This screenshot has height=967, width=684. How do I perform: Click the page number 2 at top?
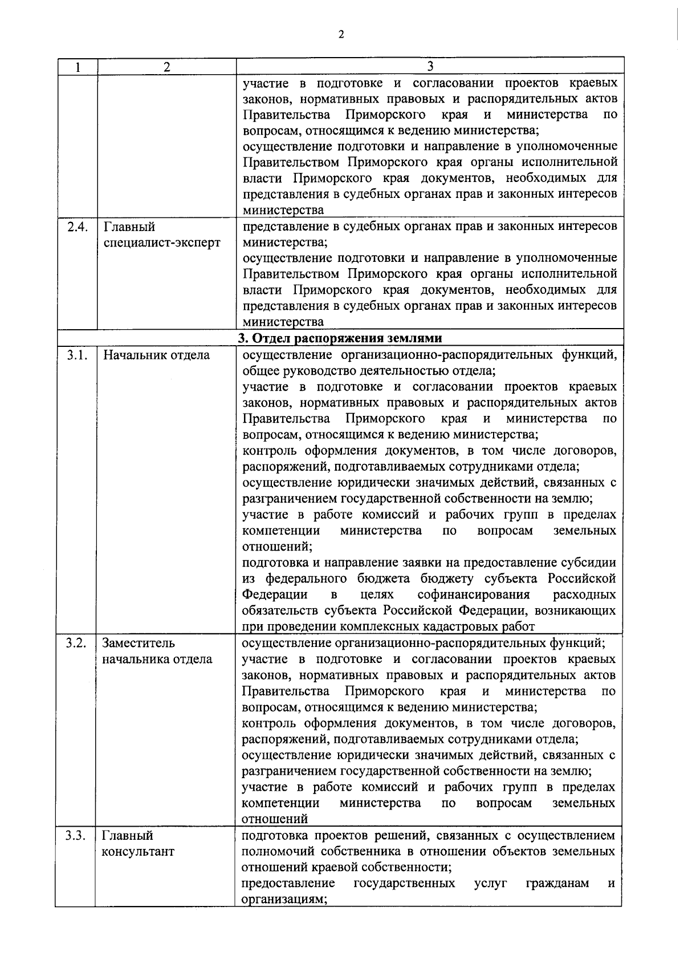click(341, 35)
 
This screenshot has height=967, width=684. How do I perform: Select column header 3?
click(430, 66)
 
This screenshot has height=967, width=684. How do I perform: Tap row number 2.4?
click(77, 226)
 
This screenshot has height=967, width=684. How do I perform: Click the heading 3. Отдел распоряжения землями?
click(340, 338)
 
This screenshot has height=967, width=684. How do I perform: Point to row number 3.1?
click(76, 355)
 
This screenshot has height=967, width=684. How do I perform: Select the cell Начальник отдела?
click(156, 355)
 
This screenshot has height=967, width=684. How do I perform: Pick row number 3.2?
click(76, 644)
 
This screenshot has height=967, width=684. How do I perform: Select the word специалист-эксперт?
click(162, 242)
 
